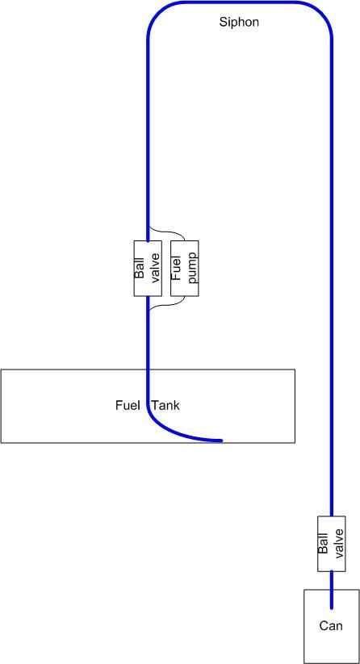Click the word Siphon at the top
click(238, 23)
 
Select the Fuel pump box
click(184, 268)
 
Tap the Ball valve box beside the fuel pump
click(148, 268)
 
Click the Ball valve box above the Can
click(331, 543)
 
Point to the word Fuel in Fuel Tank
click(128, 405)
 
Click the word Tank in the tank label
click(166, 405)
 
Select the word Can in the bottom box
click(331, 626)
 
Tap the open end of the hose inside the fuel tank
click(221, 441)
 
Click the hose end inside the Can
click(331, 608)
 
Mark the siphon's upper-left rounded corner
click(155, 13)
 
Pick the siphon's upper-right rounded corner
click(323, 12)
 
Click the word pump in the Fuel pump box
click(192, 268)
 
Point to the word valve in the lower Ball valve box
click(338, 543)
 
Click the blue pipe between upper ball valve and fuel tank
click(149, 333)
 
